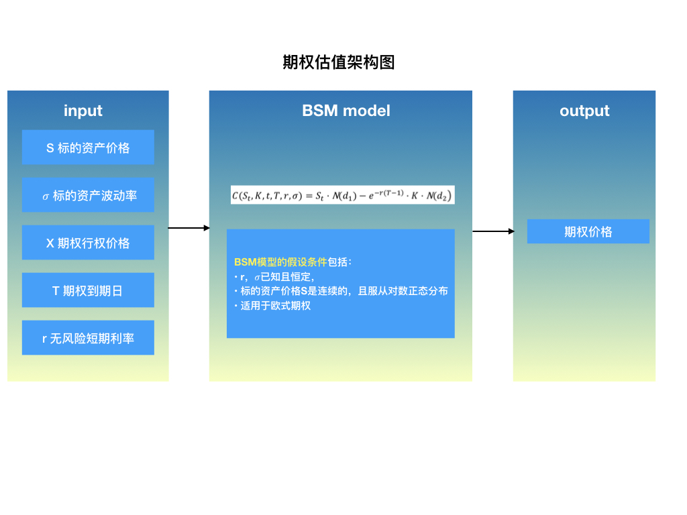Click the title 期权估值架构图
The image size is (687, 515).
(339, 62)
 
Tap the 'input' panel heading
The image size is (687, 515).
(83, 111)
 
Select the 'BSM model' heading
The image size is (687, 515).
(346, 111)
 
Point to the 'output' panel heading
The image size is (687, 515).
(584, 111)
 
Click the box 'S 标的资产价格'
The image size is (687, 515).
(88, 148)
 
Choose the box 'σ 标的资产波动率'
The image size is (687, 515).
(88, 195)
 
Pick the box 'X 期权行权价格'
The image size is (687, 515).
(88, 243)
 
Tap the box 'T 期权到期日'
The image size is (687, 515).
(88, 290)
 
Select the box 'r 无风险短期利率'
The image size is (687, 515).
(88, 338)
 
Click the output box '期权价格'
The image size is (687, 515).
(588, 231)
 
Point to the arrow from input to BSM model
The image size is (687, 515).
(189, 228)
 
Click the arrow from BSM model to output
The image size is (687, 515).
(493, 231)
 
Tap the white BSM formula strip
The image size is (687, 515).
(342, 195)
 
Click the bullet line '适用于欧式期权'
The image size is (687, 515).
(275, 306)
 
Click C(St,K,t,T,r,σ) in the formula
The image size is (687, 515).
(267, 196)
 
